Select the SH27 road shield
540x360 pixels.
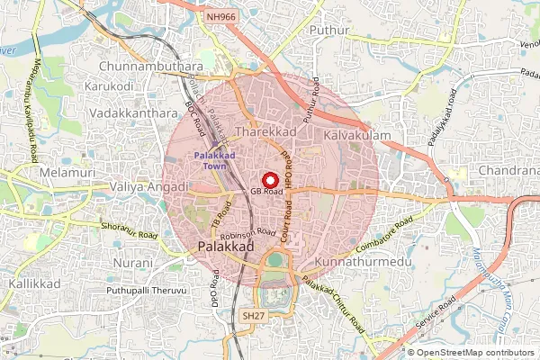click(x=253, y=316)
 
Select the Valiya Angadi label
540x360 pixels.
click(x=148, y=186)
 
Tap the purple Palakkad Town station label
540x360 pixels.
click(x=214, y=160)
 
